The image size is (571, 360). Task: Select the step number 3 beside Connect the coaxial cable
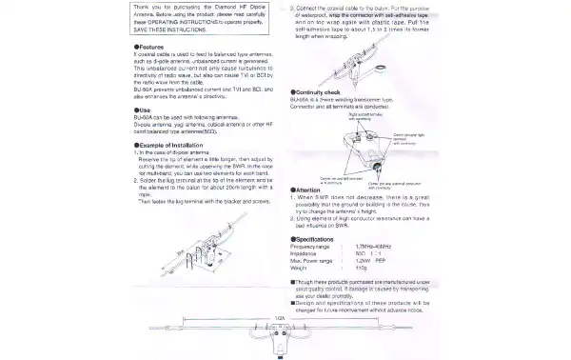[291, 6]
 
